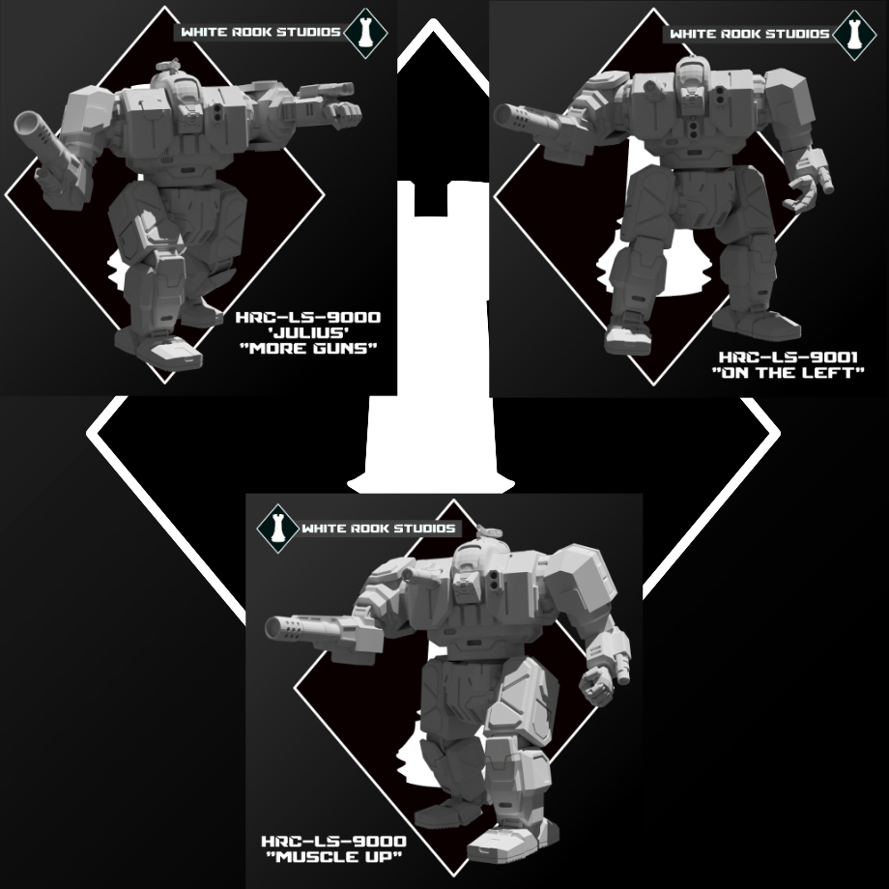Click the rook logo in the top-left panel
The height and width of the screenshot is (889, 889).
coord(365,32)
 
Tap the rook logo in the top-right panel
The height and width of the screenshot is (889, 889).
coord(854,34)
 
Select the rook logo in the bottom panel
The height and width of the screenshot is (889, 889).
coord(278,529)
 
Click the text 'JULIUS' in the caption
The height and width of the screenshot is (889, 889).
coord(308,332)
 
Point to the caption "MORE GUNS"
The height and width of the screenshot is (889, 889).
coord(308,348)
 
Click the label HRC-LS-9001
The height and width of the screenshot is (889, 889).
coord(789,358)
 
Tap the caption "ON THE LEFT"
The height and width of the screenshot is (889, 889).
coord(789,372)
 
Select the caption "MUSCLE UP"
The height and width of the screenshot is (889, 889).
coord(334,857)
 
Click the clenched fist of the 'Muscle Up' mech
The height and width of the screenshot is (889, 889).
coord(596,684)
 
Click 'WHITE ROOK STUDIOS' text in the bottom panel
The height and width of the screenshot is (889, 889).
coord(378,529)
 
